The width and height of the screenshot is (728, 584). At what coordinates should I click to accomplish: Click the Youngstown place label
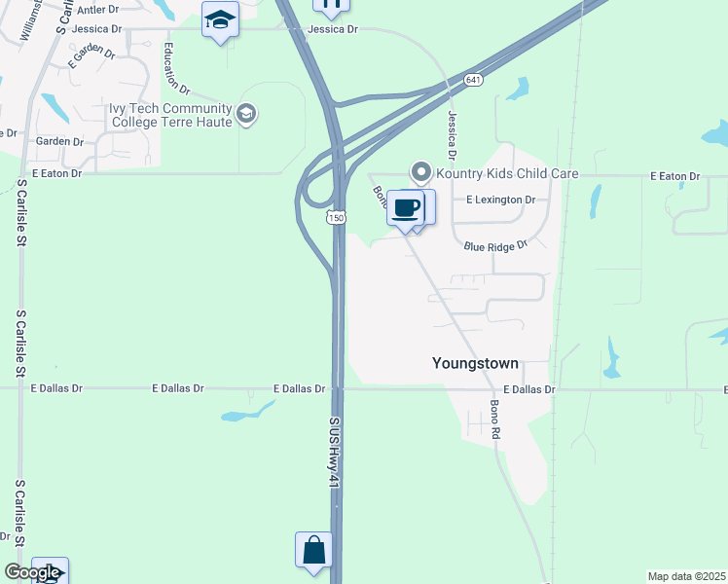pyautogui.click(x=475, y=364)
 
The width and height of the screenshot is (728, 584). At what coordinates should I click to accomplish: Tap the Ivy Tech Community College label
pyautogui.click(x=171, y=115)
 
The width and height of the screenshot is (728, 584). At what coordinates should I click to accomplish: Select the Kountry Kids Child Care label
pyautogui.click(x=506, y=174)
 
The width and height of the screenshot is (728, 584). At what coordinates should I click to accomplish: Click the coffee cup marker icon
pyautogui.click(x=405, y=207)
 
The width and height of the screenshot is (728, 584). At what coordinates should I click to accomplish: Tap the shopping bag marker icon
pyautogui.click(x=313, y=550)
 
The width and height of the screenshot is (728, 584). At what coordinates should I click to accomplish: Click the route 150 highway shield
pyautogui.click(x=336, y=219)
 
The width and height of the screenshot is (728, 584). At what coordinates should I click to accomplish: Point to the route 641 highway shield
pyautogui.click(x=473, y=80)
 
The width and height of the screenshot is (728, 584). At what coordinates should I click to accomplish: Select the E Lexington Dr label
pyautogui.click(x=501, y=200)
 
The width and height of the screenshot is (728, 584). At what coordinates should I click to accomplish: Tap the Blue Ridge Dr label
pyautogui.click(x=494, y=246)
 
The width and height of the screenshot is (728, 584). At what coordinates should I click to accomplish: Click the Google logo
pyautogui.click(x=31, y=572)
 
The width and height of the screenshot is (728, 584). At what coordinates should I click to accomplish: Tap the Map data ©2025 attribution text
pyautogui.click(x=687, y=576)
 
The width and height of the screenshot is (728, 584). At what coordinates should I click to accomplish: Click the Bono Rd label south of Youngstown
pyautogui.click(x=494, y=418)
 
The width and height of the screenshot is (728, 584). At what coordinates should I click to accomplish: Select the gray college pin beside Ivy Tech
pyautogui.click(x=246, y=115)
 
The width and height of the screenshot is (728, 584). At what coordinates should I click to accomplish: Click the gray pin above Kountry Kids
pyautogui.click(x=421, y=172)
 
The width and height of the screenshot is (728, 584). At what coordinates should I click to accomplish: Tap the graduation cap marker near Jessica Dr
pyautogui.click(x=221, y=19)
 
